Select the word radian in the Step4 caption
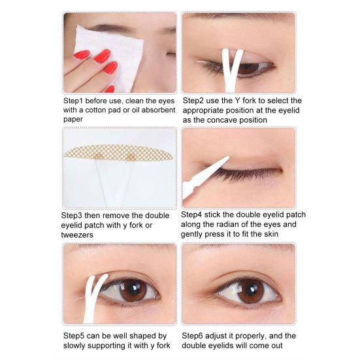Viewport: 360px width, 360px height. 235,225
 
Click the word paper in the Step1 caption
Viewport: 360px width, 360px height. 74,120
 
